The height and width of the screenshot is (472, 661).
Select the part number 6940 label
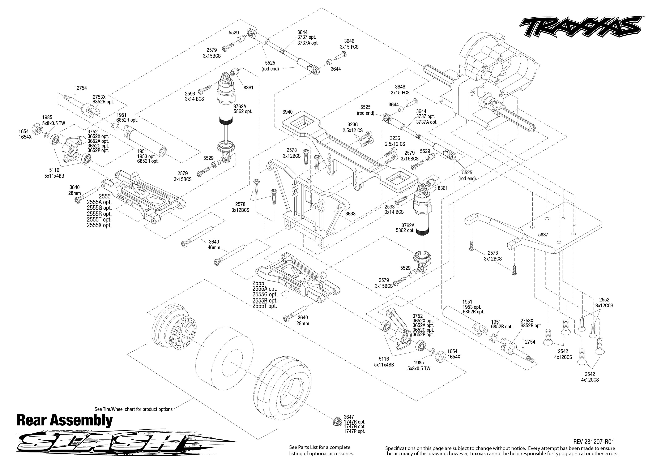point(287,112)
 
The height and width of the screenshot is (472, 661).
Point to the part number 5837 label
point(543,235)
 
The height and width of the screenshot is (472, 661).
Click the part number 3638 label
point(350,214)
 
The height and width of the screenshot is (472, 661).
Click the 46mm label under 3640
point(214,248)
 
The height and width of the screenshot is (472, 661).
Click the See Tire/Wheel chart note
point(133,409)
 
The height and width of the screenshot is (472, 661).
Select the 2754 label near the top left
point(82,88)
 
